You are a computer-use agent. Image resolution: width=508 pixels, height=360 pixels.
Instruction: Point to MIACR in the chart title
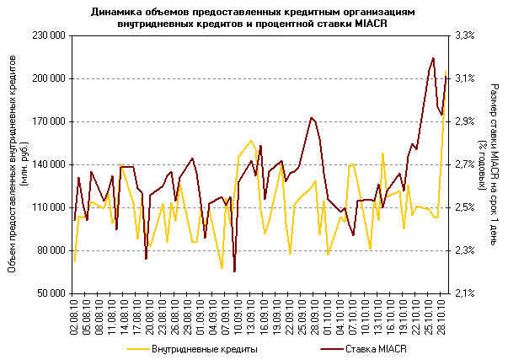click(375, 23)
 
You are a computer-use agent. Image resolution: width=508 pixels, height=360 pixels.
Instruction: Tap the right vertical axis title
click(489, 164)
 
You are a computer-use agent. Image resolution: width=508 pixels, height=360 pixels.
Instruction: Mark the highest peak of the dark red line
click(433, 58)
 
